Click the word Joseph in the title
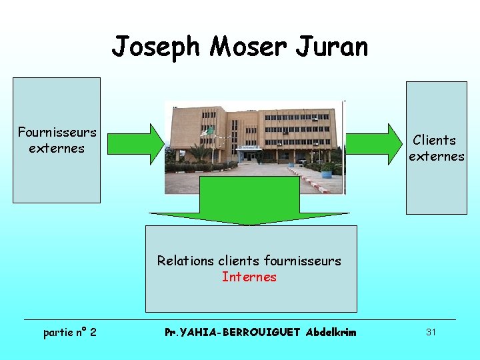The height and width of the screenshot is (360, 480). pos(156,47)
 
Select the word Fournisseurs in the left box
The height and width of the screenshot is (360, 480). pos(57,133)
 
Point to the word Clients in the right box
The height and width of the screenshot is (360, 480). pos(434,140)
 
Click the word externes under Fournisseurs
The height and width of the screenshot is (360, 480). pos(57,148)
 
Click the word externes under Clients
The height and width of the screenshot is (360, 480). pos(437,156)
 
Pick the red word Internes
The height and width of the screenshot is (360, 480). pos(249,277)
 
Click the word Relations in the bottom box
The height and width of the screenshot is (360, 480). pos(185,261)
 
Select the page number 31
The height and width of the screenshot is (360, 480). pos(431,331)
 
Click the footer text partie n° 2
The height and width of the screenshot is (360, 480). pos(69,331)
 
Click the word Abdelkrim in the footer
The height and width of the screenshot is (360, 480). pos(331,332)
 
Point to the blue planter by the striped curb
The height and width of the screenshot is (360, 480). pos(326,173)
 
